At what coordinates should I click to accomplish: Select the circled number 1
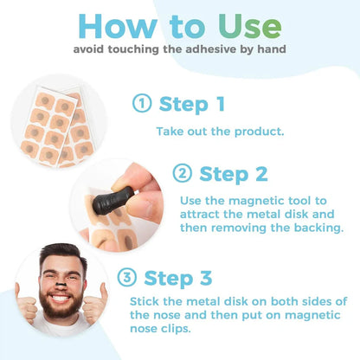pos(142,105)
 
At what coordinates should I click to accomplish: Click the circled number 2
pos(182,174)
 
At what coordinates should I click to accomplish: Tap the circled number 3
pos(125,278)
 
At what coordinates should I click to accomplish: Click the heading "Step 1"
pos(191,105)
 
